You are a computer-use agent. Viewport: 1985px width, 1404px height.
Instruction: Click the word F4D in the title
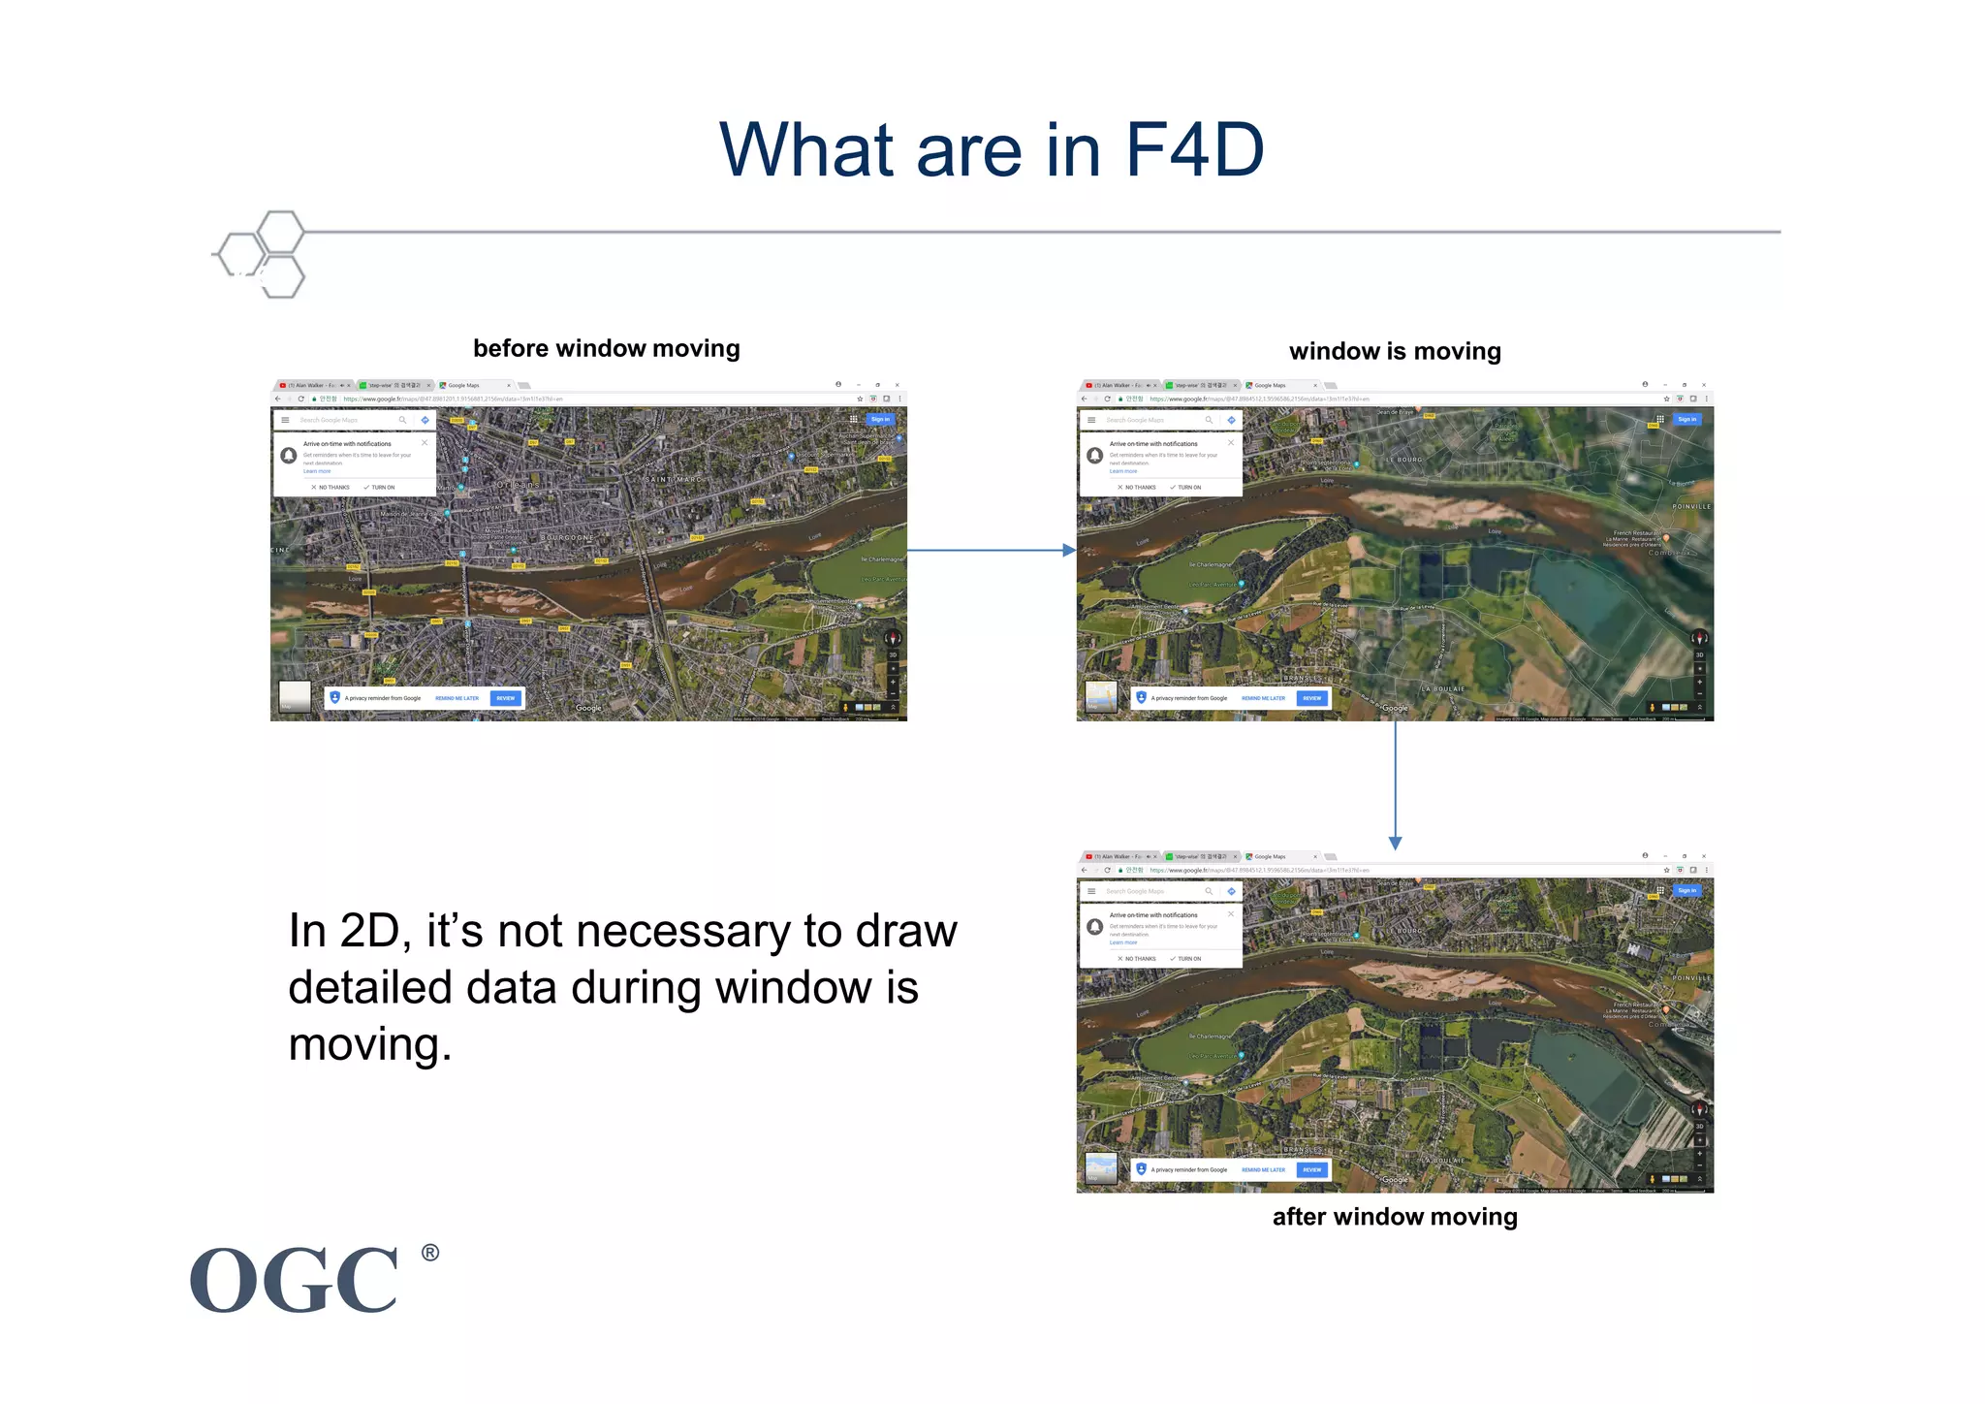tap(1194, 150)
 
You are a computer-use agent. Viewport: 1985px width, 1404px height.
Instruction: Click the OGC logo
tap(295, 1280)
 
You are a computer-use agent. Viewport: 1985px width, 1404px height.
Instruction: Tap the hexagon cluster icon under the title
tap(263, 254)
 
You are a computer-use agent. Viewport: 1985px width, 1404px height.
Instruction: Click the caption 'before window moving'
tap(606, 348)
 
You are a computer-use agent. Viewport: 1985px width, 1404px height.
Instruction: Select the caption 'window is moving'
tap(1394, 351)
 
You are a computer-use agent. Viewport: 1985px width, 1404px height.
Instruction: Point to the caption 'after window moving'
tap(1394, 1217)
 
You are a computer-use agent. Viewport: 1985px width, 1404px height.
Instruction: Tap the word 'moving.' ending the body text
tap(370, 1045)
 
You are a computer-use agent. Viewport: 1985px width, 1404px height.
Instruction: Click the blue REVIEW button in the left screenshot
tap(506, 698)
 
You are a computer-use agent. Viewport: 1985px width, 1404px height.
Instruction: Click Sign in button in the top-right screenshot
tap(1686, 420)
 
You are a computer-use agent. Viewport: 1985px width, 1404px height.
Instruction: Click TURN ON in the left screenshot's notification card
tap(380, 488)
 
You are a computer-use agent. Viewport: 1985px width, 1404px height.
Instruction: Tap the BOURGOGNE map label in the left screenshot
tap(567, 537)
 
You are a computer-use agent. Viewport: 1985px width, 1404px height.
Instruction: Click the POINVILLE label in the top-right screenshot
tap(1691, 506)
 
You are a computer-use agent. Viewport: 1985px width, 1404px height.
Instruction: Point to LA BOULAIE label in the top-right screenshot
tap(1443, 688)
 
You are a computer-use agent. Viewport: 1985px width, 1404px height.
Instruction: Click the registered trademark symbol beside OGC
tap(430, 1253)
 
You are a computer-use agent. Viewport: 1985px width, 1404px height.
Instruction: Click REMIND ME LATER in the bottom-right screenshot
tap(1263, 1169)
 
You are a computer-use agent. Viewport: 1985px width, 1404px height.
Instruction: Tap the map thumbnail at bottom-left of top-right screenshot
tap(1100, 696)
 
